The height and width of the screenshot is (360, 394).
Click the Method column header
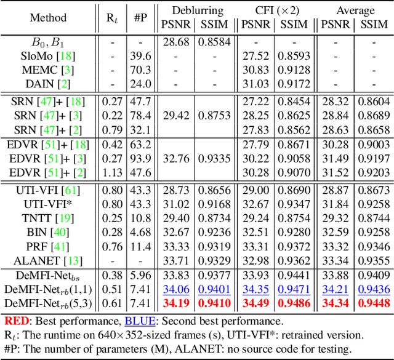click(x=48, y=17)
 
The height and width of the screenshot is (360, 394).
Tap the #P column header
click(x=141, y=17)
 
